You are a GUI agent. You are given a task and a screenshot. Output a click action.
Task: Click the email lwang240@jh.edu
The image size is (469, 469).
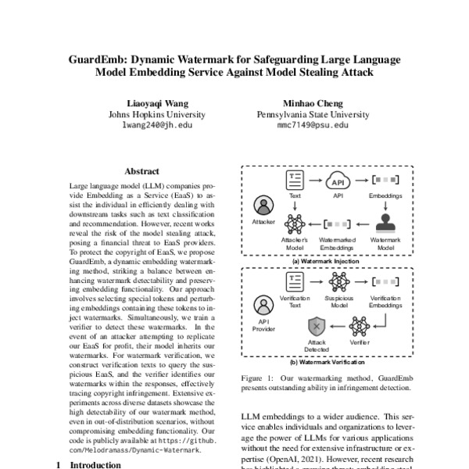156,124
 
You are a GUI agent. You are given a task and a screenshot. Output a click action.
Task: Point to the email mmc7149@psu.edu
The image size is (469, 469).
313,124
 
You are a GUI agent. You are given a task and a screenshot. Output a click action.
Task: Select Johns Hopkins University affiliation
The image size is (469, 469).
156,113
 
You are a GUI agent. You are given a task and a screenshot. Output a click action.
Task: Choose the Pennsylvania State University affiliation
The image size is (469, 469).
313,113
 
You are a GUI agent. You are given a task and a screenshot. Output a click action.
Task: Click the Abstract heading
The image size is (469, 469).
141,171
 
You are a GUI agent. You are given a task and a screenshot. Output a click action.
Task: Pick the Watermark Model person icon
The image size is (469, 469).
385,222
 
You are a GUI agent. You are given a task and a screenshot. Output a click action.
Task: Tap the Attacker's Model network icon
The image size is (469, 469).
295,222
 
